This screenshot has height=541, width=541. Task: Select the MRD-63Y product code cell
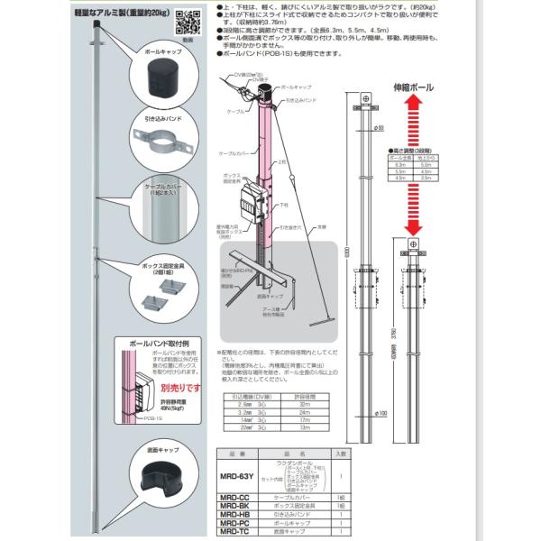238,467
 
